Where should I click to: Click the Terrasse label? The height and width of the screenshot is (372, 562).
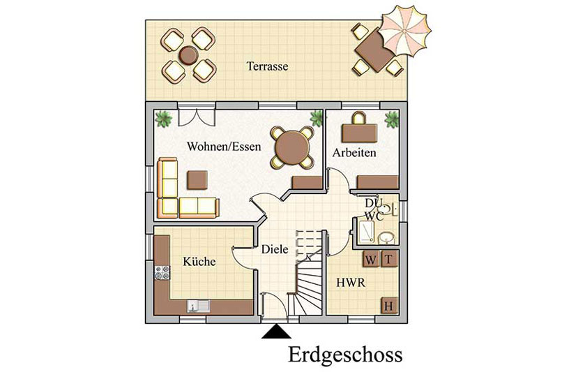(x=267, y=66)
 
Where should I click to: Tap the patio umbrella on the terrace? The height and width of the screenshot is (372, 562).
(x=404, y=31)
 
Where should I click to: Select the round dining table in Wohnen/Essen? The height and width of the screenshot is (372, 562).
(x=292, y=147)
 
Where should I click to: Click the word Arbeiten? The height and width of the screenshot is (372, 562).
(x=354, y=152)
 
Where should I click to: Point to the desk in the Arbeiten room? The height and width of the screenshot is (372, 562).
(x=359, y=133)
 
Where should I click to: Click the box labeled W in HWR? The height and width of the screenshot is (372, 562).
(x=371, y=259)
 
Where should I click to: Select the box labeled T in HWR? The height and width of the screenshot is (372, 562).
(x=388, y=259)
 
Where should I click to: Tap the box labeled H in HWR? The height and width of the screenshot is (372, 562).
(x=389, y=306)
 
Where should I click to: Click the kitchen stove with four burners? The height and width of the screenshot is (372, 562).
(x=162, y=273)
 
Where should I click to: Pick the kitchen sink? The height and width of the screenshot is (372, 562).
(x=199, y=306)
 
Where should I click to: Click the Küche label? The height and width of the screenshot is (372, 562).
(x=199, y=261)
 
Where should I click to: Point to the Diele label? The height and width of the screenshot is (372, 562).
(x=275, y=249)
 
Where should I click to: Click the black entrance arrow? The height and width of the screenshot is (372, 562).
(x=276, y=332)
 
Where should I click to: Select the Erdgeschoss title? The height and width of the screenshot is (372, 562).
(x=345, y=355)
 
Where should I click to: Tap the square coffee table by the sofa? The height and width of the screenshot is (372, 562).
(x=197, y=180)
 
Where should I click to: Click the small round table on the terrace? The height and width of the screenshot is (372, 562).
(x=188, y=55)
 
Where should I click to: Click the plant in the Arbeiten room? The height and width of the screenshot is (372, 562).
(x=391, y=119)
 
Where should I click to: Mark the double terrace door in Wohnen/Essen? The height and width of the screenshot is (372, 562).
(x=197, y=117)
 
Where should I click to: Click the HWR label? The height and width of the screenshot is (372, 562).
(x=351, y=283)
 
